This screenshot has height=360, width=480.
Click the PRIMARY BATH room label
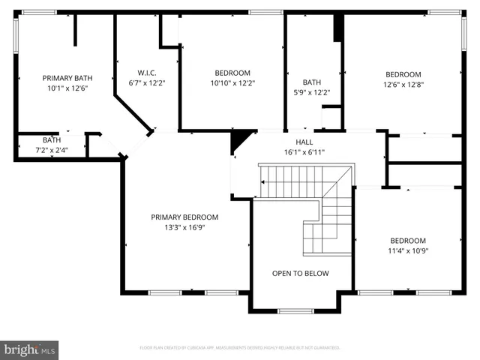pyautogui.click(x=67, y=78)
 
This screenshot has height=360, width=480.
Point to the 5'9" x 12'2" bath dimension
pyautogui.click(x=312, y=92)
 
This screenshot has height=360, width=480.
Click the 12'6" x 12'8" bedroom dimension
pyautogui.click(x=403, y=84)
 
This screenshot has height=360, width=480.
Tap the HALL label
pyautogui.click(x=304, y=142)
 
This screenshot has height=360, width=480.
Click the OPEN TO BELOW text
pyautogui.click(x=300, y=273)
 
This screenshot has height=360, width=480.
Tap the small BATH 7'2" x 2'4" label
pyautogui.click(x=52, y=145)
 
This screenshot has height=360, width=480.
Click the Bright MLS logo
pyautogui.click(x=30, y=349)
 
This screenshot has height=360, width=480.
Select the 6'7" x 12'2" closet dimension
pyautogui.click(x=146, y=82)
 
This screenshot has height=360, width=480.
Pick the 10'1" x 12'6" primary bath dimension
pyautogui.click(x=67, y=88)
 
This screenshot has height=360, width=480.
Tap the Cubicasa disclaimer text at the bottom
pyautogui.click(x=240, y=348)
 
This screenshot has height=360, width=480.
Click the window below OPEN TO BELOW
pyautogui.click(x=295, y=310)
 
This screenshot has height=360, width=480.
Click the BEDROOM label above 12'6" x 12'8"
pyautogui.click(x=403, y=74)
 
